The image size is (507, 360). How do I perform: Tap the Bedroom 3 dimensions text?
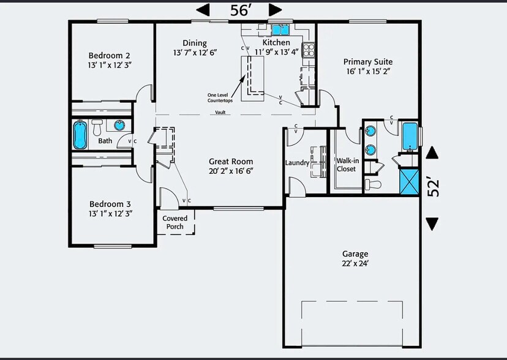tap(111, 213)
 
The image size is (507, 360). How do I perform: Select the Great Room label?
tap(230, 162)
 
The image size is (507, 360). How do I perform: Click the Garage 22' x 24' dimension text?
tap(355, 263)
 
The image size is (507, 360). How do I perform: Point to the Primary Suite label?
tap(367, 62)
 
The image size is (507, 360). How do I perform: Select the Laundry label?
tap(297, 163)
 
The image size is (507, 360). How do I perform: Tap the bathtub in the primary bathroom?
tap(409, 137)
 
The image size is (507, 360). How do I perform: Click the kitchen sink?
tap(280, 29)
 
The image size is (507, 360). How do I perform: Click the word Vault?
tap(220, 112)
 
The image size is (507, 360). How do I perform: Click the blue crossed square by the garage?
tap(408, 181)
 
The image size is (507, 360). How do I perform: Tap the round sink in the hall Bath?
tap(119, 126)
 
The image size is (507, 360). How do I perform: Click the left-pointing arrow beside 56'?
tap(203, 10)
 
